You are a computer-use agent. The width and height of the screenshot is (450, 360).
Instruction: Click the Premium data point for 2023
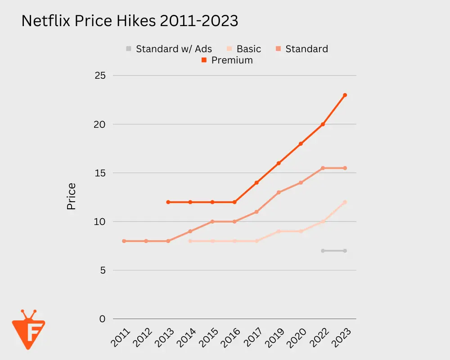(345, 95)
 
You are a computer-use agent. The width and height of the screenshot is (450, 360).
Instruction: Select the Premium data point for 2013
(168, 202)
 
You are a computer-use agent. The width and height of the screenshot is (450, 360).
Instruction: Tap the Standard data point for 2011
(124, 241)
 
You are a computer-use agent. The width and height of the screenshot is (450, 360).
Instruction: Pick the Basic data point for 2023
(345, 202)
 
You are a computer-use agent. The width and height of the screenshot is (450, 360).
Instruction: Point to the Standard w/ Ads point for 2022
(323, 251)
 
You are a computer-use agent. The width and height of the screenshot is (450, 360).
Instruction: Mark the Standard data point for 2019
(279, 192)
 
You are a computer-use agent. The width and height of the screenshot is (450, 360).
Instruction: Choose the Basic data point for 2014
(190, 241)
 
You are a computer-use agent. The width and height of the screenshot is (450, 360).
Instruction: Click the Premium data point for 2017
(256, 183)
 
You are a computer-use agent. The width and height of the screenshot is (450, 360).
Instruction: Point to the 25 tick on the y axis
(100, 76)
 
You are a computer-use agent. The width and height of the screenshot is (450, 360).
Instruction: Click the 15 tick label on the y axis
(100, 173)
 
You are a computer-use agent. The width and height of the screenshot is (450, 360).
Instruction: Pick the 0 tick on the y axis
(103, 319)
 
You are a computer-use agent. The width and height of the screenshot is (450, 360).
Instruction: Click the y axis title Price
(71, 196)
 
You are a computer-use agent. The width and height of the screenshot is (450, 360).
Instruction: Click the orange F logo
(28, 329)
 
